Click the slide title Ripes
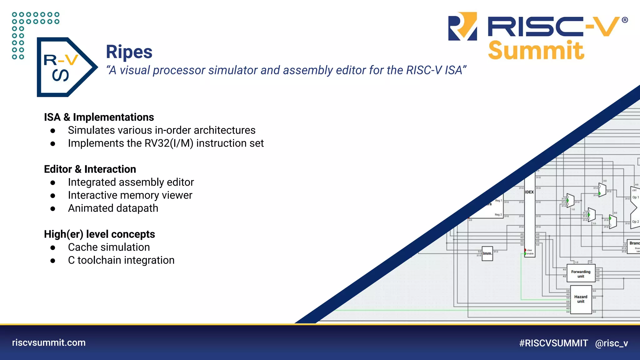129,52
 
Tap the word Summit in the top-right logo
536,51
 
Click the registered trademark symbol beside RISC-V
625,20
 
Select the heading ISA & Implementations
99,117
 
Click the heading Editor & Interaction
90,169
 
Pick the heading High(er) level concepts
99,234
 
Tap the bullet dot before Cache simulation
53,248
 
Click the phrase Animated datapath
113,208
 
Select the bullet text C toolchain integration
121,260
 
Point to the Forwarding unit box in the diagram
581,274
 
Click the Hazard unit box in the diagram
581,299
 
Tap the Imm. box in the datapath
487,253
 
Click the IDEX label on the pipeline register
529,192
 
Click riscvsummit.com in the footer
49,342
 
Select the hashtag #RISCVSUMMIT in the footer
553,343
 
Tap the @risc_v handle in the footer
611,343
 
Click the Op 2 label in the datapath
635,222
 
